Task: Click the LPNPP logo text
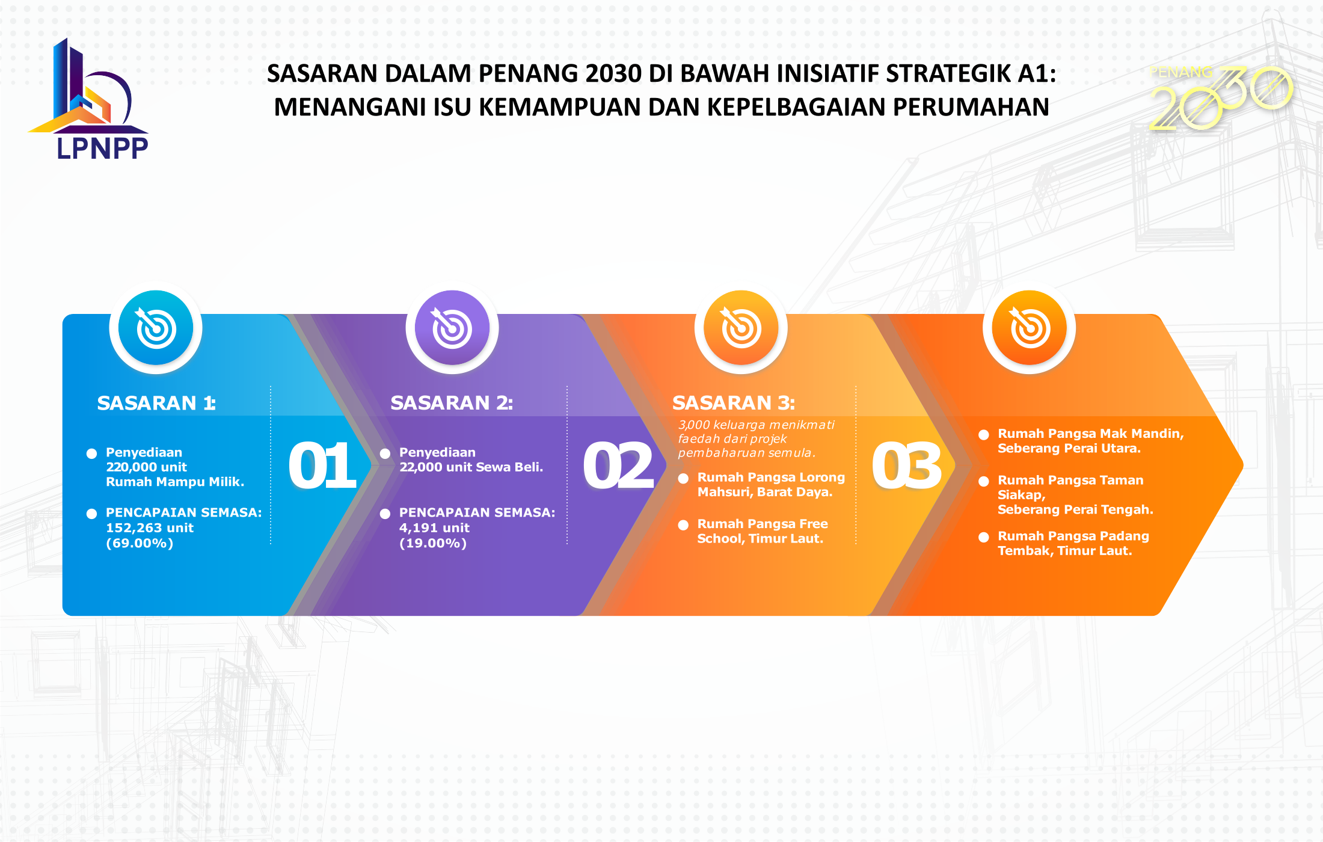102,148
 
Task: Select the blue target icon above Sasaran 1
156,328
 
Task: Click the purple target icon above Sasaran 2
452,328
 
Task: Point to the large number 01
322,466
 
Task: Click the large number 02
618,466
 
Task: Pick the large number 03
907,466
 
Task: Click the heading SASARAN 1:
156,402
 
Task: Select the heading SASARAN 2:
452,402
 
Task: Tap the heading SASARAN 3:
734,402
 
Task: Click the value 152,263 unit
150,527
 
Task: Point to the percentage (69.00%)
140,543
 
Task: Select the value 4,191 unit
434,527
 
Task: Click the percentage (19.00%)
433,543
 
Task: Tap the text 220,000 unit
146,467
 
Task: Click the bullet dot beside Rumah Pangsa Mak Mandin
984,434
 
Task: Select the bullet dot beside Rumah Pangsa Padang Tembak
984,537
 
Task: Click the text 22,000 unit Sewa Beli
471,467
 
